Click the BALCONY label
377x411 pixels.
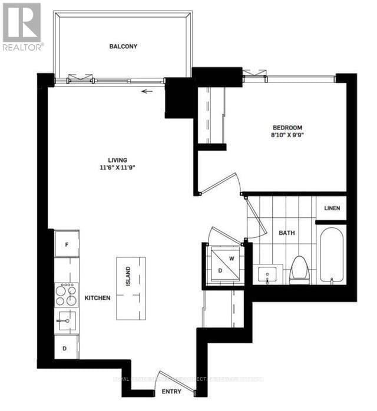click(x=123, y=46)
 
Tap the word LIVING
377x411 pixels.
click(x=118, y=159)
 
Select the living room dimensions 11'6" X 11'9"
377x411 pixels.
click(x=118, y=167)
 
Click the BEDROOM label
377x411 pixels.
click(x=287, y=127)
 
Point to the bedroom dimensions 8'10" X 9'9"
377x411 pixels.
click(x=287, y=135)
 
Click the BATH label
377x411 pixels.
click(x=287, y=233)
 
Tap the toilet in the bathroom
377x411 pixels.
click(x=299, y=270)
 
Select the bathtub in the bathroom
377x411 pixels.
click(x=333, y=257)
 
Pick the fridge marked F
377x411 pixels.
click(x=67, y=244)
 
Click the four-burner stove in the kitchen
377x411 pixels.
click(x=67, y=294)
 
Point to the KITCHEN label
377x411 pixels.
click(x=97, y=299)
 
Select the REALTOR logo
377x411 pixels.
click(x=22, y=26)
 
